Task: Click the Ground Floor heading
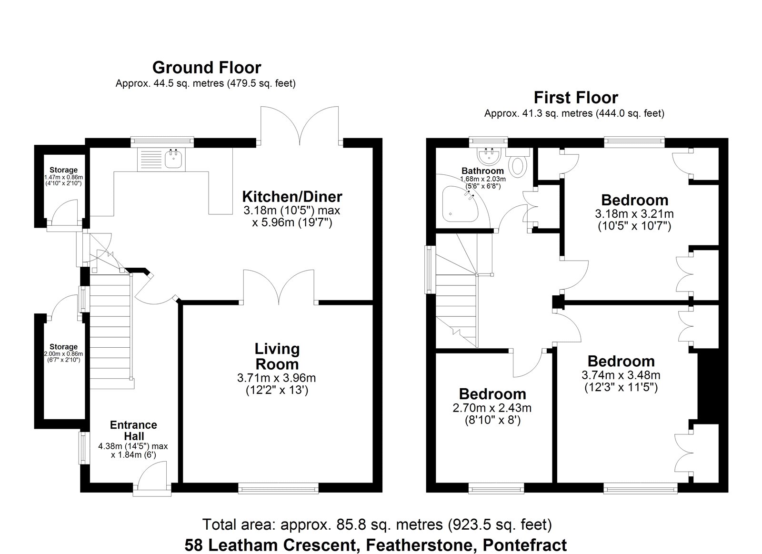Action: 207,67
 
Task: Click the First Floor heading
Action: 576,98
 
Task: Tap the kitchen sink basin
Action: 174,159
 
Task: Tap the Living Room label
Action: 277,356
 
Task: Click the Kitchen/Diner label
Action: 292,197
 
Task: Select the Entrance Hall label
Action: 133,431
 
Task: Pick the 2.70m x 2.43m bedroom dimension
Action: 492,408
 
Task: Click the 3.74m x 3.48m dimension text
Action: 621,375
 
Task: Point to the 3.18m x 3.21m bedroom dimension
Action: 634,214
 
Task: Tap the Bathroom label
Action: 482,171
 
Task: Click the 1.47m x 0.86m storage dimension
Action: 63,177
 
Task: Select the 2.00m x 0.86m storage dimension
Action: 63,354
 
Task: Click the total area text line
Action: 377,524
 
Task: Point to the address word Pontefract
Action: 525,545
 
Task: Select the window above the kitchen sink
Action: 162,142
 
